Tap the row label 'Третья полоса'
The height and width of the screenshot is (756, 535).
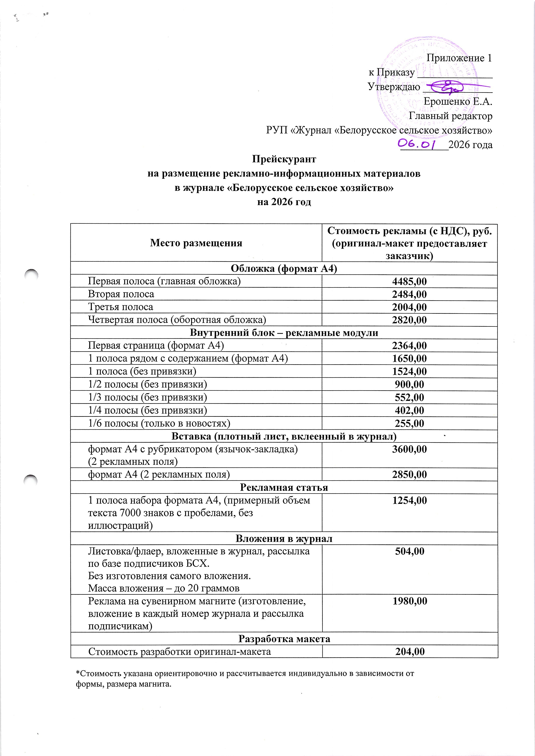[x=121, y=307]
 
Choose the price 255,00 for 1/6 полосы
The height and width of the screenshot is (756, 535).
[x=409, y=423]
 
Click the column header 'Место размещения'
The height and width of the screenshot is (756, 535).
[x=196, y=243]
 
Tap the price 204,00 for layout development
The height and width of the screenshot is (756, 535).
[x=410, y=652]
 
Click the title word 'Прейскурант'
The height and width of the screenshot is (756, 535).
[x=284, y=159]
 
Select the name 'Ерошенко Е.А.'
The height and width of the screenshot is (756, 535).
[x=458, y=102]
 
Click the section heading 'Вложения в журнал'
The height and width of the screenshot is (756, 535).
[x=284, y=539]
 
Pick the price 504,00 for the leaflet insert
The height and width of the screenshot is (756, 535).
[x=409, y=551]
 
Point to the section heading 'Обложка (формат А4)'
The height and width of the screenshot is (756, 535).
[x=284, y=269]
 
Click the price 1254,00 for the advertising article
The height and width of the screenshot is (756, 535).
[x=409, y=500]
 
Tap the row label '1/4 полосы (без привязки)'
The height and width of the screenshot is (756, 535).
[x=147, y=411]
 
